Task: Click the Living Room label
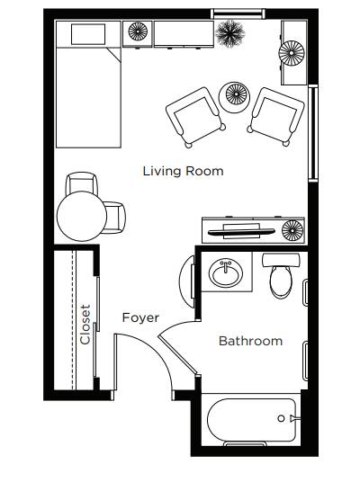183,171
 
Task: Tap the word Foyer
141,317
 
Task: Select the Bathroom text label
250,341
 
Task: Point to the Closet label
85,325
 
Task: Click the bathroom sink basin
226,272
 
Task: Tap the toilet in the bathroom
281,275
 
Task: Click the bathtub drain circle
281,418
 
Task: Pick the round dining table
82,216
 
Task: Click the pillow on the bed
88,34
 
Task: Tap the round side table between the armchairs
234,97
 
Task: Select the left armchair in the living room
195,117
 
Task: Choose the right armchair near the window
276,116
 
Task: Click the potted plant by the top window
230,33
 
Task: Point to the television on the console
240,231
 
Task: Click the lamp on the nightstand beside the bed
138,31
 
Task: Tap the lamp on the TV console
292,230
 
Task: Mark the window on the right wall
313,133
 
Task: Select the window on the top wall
238,13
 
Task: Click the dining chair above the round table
82,183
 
